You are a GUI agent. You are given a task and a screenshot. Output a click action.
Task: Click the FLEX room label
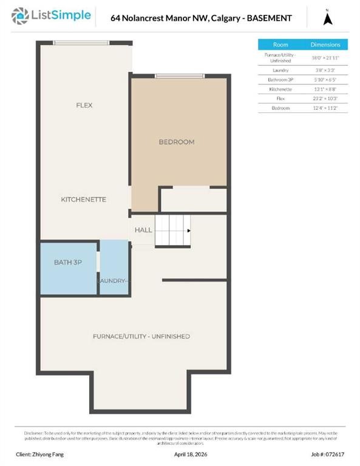(84, 105)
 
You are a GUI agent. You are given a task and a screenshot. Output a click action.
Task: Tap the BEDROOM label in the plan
(177, 142)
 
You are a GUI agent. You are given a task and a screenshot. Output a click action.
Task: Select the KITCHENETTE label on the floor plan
(84, 199)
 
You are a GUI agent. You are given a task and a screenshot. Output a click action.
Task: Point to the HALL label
(143, 231)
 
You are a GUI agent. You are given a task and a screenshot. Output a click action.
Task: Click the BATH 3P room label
(67, 262)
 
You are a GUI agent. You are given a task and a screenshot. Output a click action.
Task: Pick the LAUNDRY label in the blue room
(113, 281)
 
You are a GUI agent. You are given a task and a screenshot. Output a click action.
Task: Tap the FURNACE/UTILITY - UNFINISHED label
(141, 336)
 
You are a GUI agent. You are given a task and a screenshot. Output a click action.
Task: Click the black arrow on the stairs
(189, 231)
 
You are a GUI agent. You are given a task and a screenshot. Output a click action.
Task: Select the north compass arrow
(328, 18)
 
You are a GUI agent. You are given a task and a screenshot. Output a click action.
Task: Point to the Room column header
(281, 44)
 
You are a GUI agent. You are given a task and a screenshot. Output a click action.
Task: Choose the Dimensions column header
(325, 44)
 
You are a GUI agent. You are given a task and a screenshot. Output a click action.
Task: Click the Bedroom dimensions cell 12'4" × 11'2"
(325, 107)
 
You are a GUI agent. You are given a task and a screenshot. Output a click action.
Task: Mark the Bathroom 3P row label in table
(281, 79)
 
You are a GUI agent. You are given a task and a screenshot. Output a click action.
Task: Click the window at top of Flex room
(81, 42)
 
